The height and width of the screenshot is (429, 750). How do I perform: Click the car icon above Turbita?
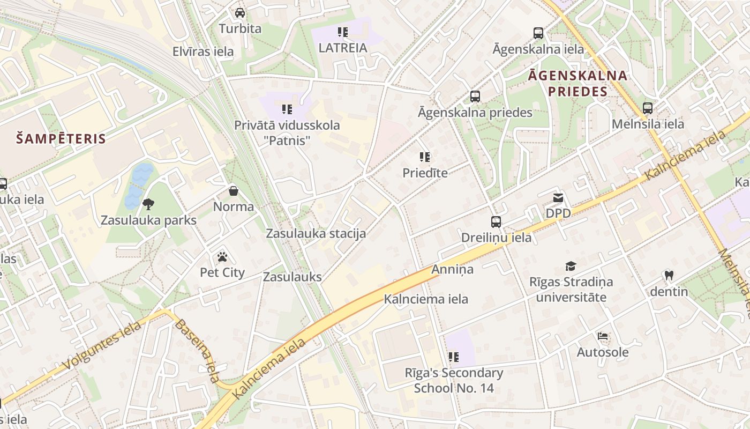[240, 12]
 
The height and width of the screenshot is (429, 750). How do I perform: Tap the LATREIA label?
[343, 48]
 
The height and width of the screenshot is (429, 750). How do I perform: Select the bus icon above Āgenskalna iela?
[538, 33]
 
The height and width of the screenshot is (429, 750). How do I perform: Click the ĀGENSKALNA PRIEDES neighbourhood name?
[577, 83]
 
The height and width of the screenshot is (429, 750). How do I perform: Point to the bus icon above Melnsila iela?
[648, 108]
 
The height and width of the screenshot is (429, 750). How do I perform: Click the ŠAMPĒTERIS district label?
[61, 139]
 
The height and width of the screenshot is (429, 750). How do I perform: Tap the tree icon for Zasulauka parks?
[148, 204]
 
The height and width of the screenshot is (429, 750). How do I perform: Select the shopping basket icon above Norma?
[234, 190]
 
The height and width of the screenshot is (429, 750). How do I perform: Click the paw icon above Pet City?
[222, 256]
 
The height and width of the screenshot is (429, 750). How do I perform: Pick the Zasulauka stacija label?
[316, 233]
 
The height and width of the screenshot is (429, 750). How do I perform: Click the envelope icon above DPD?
[558, 198]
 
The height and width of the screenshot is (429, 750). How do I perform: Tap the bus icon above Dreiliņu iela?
[496, 221]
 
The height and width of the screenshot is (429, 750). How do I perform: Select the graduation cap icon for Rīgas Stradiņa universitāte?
[571, 266]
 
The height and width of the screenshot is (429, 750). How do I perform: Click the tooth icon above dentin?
[669, 276]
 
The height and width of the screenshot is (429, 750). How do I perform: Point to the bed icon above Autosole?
[603, 337]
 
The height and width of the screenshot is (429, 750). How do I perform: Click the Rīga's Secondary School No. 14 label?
[454, 380]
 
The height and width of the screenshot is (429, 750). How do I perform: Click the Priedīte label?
[425, 173]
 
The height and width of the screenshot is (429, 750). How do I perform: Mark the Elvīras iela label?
[203, 51]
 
